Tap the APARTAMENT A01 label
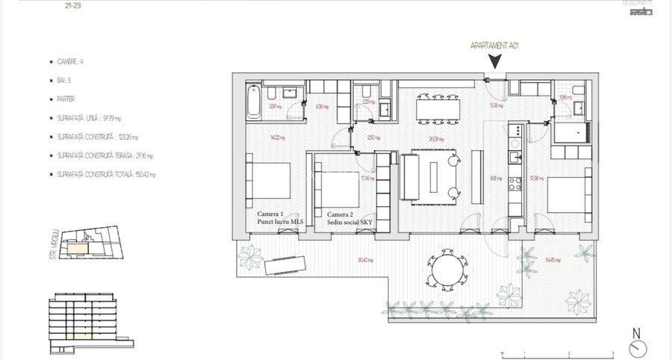pos(494,46)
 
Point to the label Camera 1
pos(270,214)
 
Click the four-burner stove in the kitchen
pos(514,184)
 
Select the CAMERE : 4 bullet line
pos(75,63)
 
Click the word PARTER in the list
pos(66,99)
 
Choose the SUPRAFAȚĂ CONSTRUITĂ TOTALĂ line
pos(105,174)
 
